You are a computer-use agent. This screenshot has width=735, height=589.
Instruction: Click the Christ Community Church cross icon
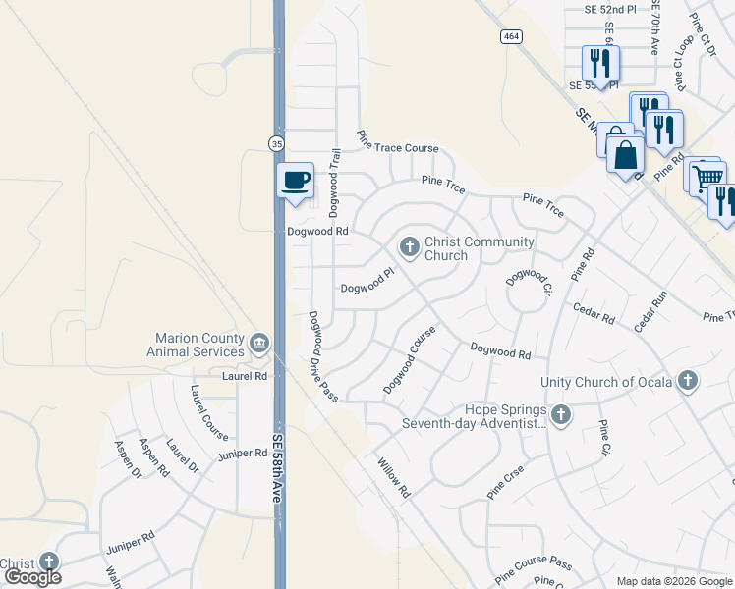409,243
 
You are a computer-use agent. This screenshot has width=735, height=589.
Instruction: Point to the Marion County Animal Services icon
259,342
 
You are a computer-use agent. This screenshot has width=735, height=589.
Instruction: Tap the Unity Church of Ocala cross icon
687,381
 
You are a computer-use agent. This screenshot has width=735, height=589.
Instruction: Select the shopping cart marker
707,177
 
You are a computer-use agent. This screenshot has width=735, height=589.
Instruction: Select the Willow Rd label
390,477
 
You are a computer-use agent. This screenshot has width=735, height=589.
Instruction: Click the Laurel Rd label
245,376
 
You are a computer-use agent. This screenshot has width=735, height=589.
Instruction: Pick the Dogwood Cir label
525,278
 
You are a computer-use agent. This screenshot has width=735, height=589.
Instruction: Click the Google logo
32,578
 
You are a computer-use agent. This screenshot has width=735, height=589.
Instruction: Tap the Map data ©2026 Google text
673,581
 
